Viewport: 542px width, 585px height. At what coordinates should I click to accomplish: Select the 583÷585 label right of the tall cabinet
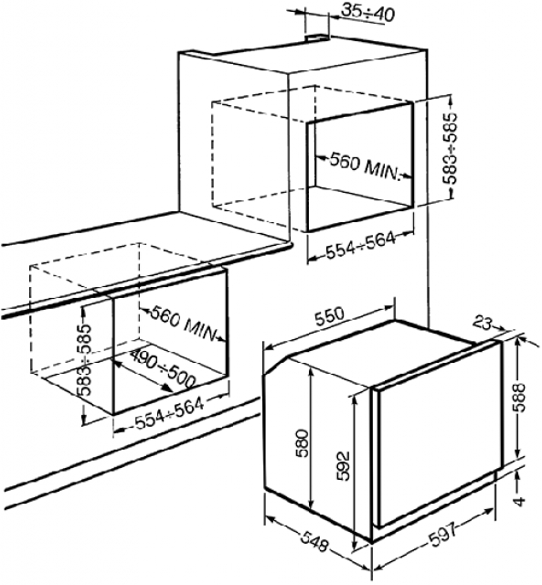pyautogui.click(x=451, y=148)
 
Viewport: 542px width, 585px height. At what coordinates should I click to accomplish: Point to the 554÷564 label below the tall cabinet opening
pyautogui.click(x=360, y=245)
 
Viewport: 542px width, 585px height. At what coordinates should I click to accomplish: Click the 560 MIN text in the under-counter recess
pyautogui.click(x=184, y=324)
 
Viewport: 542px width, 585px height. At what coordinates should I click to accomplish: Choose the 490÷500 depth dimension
pyautogui.click(x=164, y=370)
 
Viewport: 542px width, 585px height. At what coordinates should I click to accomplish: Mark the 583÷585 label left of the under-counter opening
pyautogui.click(x=83, y=359)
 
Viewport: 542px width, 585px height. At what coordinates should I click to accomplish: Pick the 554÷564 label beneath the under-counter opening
pyautogui.click(x=170, y=413)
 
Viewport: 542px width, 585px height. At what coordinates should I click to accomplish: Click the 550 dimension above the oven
pyautogui.click(x=329, y=317)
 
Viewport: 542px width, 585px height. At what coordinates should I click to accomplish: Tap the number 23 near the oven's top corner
pyautogui.click(x=483, y=323)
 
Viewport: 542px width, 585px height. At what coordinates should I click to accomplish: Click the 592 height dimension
pyautogui.click(x=342, y=466)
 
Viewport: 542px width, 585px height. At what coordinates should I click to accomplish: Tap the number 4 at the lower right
pyautogui.click(x=520, y=501)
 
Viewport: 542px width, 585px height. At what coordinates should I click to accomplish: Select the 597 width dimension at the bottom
pyautogui.click(x=442, y=535)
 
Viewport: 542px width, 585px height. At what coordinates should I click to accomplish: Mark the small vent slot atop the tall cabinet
pyautogui.click(x=317, y=37)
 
